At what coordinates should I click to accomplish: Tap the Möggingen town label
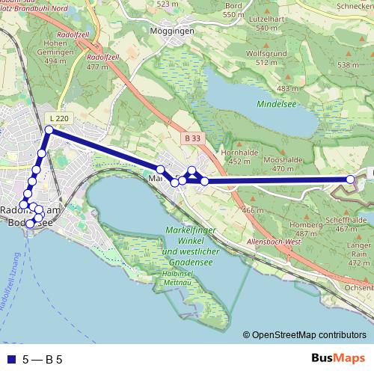point(172,31)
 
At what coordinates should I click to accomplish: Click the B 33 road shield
point(192,138)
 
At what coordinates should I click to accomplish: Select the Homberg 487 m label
point(304,229)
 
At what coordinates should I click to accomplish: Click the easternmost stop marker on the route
point(350,179)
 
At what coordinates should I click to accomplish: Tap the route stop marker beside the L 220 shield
point(49,130)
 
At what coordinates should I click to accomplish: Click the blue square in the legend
point(10,359)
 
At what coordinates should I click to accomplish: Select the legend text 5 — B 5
point(42,359)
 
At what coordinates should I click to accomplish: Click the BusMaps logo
point(338,358)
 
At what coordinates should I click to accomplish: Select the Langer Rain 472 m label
point(359,254)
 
